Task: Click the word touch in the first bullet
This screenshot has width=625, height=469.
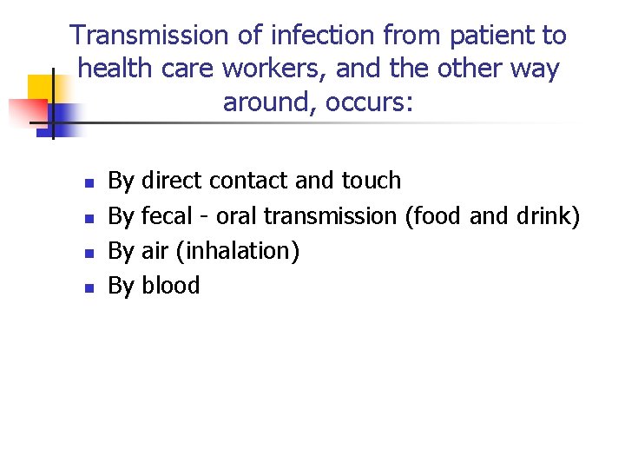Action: click(372, 181)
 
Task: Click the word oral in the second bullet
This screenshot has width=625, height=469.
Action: click(237, 215)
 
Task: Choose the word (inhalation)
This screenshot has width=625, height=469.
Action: click(237, 251)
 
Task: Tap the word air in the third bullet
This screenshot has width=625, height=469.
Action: click(155, 251)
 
